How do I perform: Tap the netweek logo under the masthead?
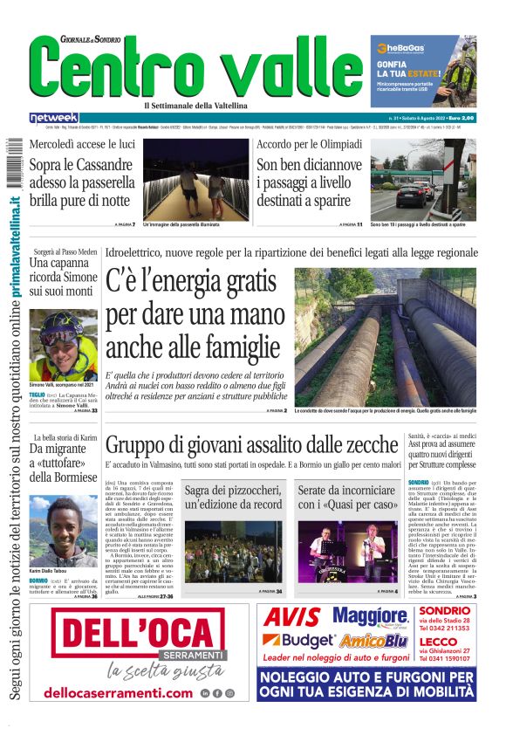point(54,117)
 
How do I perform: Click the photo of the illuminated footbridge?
point(195,179)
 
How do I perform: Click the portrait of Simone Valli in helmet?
point(63,344)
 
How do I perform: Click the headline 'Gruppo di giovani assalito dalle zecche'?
point(250,444)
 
